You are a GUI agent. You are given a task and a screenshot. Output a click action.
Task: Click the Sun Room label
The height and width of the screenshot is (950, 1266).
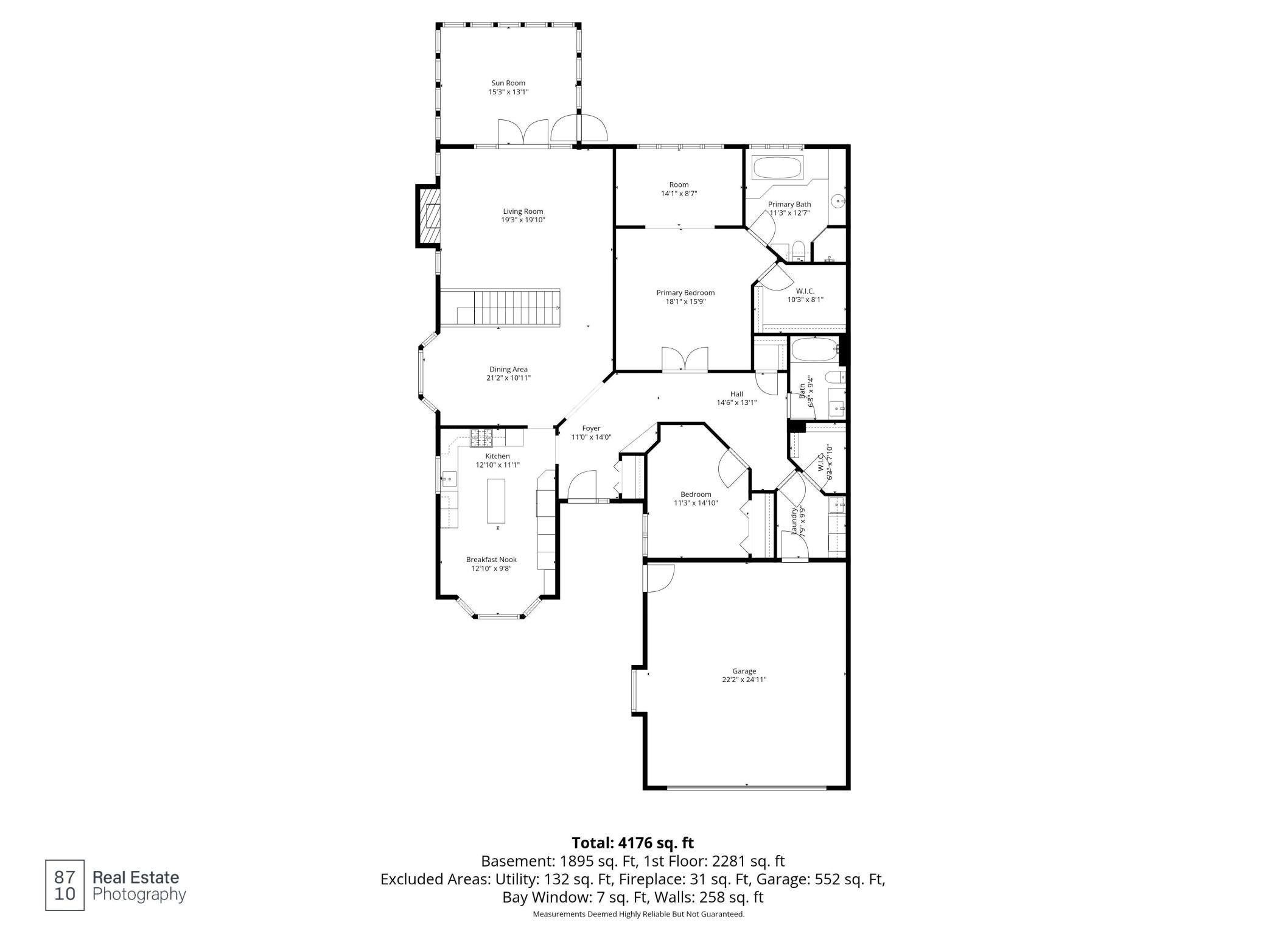[508, 83]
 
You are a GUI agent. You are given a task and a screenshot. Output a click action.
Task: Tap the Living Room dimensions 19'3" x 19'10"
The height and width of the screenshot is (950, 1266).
[523, 220]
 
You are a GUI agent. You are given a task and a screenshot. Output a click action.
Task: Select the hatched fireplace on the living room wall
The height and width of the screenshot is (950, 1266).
[428, 216]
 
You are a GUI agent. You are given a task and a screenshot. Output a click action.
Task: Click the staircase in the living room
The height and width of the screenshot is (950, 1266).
[500, 308]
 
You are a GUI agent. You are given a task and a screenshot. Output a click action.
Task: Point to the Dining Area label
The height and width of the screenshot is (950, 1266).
[508, 370]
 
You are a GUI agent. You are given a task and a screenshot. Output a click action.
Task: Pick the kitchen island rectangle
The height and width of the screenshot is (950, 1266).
[496, 501]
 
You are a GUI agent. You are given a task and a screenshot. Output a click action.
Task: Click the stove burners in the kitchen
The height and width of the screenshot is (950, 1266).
[481, 435]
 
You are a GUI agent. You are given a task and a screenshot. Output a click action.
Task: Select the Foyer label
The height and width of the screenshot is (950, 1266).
[591, 429]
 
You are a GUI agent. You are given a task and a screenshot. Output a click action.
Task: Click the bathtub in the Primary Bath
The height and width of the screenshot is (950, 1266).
[778, 168]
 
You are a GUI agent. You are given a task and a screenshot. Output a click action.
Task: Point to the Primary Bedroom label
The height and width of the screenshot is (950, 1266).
[685, 293]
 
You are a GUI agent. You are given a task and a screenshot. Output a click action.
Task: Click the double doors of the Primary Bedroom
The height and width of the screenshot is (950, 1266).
[685, 359]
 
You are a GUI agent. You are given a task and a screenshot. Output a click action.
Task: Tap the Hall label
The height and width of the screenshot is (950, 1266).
[736, 394]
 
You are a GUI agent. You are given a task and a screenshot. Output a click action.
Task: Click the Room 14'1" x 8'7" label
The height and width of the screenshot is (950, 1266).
[679, 189]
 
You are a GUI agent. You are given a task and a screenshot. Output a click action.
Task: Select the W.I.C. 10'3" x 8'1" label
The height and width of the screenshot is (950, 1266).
[805, 295]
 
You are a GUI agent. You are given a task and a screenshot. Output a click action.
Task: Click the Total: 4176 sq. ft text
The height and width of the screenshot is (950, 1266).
[632, 843]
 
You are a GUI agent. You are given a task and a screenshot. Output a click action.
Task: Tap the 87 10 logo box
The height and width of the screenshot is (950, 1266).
[65, 886]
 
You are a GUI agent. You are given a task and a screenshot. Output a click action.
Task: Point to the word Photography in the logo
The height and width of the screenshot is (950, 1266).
[139, 895]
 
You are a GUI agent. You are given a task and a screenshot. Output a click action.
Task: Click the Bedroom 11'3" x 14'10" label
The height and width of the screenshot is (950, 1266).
[696, 499]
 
